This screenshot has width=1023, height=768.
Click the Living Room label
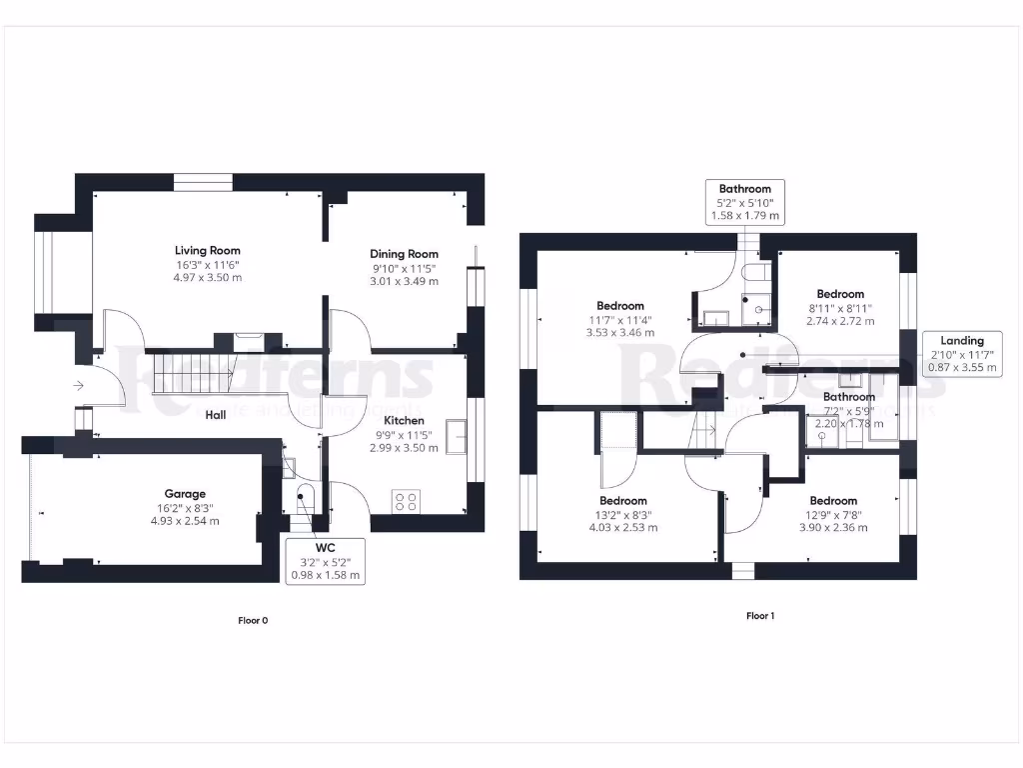pyautogui.click(x=208, y=250)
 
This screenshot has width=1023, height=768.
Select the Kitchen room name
pyautogui.click(x=404, y=420)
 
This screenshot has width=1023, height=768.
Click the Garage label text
pyautogui.click(x=185, y=493)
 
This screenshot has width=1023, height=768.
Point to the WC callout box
pyautogui.click(x=325, y=560)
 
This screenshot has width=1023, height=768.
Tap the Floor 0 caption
pyautogui.click(x=253, y=620)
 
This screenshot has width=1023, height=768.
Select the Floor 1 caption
pyautogui.click(x=759, y=616)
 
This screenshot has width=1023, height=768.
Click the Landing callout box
pyautogui.click(x=962, y=354)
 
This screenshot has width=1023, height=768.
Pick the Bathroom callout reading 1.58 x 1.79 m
pyautogui.click(x=745, y=202)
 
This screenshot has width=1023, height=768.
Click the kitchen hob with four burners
pyautogui.click(x=406, y=501)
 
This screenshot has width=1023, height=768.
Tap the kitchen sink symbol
pyautogui.click(x=457, y=437)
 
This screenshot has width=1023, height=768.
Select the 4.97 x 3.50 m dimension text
pyautogui.click(x=208, y=277)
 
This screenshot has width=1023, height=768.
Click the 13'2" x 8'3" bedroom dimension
pyautogui.click(x=622, y=514)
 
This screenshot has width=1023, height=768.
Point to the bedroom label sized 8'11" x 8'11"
pyautogui.click(x=839, y=294)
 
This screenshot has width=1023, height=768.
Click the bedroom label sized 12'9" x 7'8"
pyautogui.click(x=833, y=500)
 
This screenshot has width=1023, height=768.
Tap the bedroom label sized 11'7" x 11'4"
pyautogui.click(x=620, y=305)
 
